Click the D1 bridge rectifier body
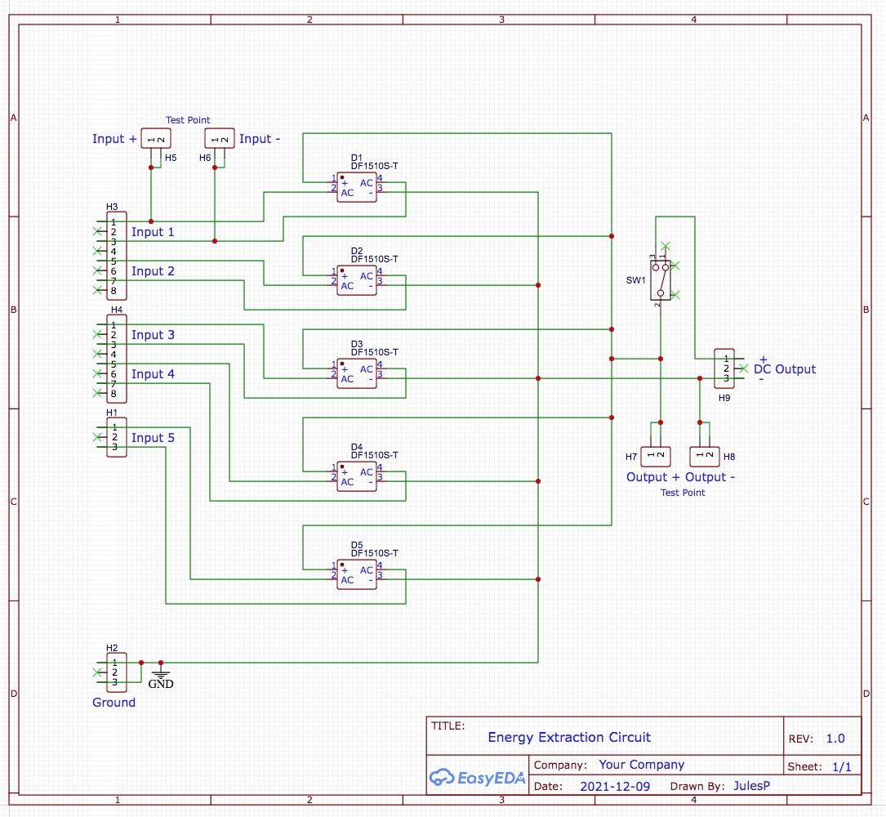coord(357,187)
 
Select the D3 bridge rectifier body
coord(357,373)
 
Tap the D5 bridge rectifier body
coord(357,574)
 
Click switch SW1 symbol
coord(661,280)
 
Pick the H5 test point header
coord(156,139)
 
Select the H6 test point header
coord(219,139)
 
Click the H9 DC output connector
coord(724,368)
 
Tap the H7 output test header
coord(656,456)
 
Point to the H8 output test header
coord(705,456)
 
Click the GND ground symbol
coord(161,677)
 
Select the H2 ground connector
coord(117,672)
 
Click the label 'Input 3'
coord(154,335)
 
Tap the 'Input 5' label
coord(154,438)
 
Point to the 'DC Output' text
coord(785,369)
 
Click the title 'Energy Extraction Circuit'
coord(570,737)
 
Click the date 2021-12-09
coord(616,787)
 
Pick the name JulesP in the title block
coord(752,785)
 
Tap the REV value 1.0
coord(835,739)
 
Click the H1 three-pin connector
coord(117,437)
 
